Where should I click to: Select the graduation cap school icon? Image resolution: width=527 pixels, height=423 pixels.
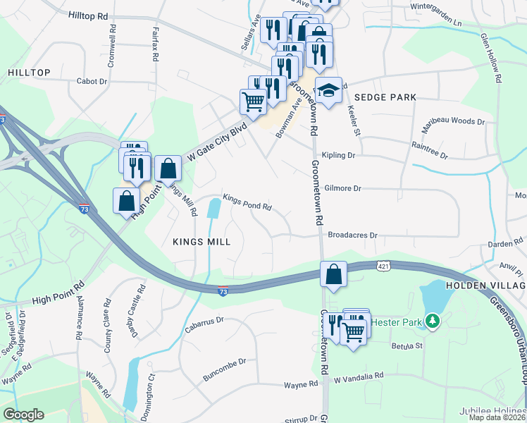(328, 90)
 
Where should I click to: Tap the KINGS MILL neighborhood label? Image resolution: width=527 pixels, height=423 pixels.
(201, 241)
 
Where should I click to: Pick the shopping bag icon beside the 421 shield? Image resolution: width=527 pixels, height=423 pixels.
(333, 274)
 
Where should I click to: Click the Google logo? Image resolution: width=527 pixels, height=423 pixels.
(23, 415)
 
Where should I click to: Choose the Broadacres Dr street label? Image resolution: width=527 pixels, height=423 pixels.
(353, 235)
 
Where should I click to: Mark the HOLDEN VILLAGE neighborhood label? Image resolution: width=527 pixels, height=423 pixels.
(486, 286)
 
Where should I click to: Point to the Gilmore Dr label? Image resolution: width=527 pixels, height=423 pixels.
(343, 189)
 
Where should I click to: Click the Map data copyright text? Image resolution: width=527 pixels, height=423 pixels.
(497, 417)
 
